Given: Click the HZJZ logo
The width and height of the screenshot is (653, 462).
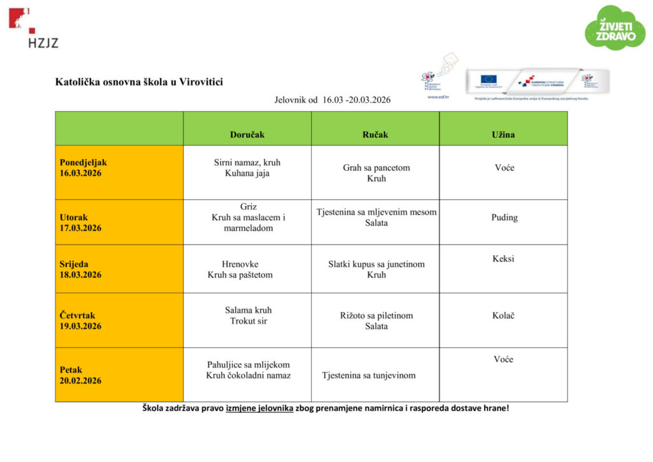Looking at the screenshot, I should click(33, 29).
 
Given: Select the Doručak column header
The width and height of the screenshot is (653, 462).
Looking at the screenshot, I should click(247, 135).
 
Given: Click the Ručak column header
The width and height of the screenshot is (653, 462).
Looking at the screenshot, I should click(375, 135).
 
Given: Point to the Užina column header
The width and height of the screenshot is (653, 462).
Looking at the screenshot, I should click(503, 135).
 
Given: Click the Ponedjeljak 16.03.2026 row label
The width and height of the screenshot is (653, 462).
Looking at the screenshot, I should click(84, 168).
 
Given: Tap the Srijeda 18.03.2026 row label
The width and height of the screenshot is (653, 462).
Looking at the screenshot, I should click(80, 269).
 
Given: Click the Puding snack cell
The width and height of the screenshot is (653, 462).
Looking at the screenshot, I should click(504, 218).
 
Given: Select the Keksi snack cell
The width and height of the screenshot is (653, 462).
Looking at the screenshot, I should click(503, 259).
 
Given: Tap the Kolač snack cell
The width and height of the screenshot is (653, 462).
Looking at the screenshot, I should click(503, 315).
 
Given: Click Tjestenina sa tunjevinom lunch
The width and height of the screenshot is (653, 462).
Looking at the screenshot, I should click(369, 375).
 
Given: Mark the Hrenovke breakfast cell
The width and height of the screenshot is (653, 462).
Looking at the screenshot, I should click(240, 264).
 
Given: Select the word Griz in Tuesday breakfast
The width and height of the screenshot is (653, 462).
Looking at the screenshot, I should click(248, 207).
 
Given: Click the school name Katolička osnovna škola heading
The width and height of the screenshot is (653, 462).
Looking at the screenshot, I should click(139, 82).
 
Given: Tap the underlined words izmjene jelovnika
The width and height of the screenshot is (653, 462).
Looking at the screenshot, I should click(260, 408).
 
